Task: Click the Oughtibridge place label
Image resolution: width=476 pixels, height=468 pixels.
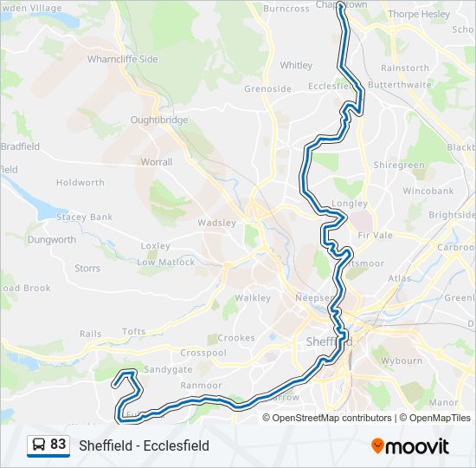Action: (159, 120)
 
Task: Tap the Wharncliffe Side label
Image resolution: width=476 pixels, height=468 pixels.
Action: (123, 59)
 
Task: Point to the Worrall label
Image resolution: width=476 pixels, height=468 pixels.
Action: (157, 161)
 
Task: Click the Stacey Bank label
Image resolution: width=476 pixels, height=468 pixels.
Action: (85, 217)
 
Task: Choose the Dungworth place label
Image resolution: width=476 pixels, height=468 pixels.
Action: (51, 239)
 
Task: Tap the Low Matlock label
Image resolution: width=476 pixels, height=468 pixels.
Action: (166, 262)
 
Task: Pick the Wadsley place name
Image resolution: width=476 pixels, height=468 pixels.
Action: (216, 223)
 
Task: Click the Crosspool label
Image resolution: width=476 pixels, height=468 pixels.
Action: (203, 354)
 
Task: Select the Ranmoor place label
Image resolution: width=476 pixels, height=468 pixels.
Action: (202, 386)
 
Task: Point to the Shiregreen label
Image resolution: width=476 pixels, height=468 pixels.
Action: (399, 165)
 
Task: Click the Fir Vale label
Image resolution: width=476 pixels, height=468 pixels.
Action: (376, 236)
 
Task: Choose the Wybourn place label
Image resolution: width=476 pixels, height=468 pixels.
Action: (402, 361)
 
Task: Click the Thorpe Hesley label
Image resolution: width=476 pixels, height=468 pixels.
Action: (419, 14)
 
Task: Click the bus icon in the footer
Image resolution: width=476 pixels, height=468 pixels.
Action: (39, 445)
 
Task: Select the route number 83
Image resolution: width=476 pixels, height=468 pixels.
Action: (58, 445)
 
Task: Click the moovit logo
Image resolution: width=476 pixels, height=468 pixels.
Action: (410, 446)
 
